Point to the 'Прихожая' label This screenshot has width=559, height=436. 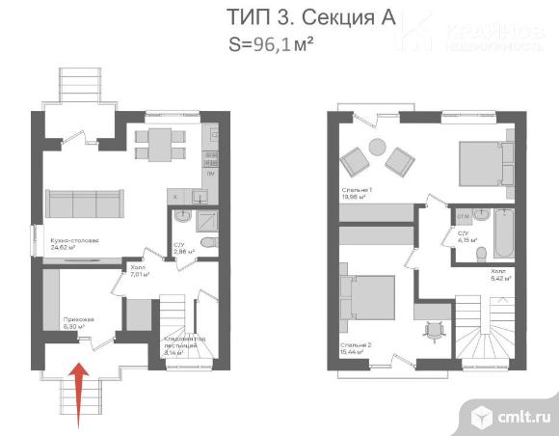coord(78,317)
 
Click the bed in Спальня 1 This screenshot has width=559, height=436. coord(478,163)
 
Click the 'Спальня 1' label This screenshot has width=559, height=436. coord(357,190)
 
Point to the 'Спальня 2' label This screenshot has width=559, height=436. coord(356,344)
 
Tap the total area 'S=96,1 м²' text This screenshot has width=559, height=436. coord(274,42)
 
